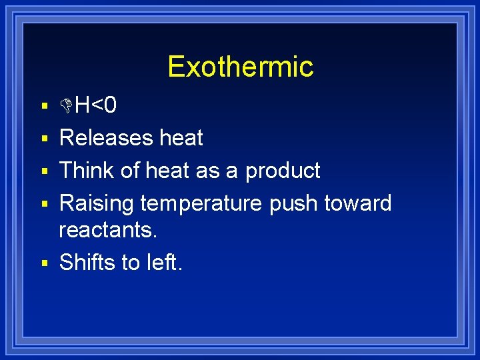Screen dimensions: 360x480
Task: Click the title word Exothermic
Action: (x=240, y=67)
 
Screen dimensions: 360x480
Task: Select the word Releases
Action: (x=106, y=138)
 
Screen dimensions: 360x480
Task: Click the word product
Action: (x=283, y=171)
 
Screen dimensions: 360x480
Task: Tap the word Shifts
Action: (x=87, y=262)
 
